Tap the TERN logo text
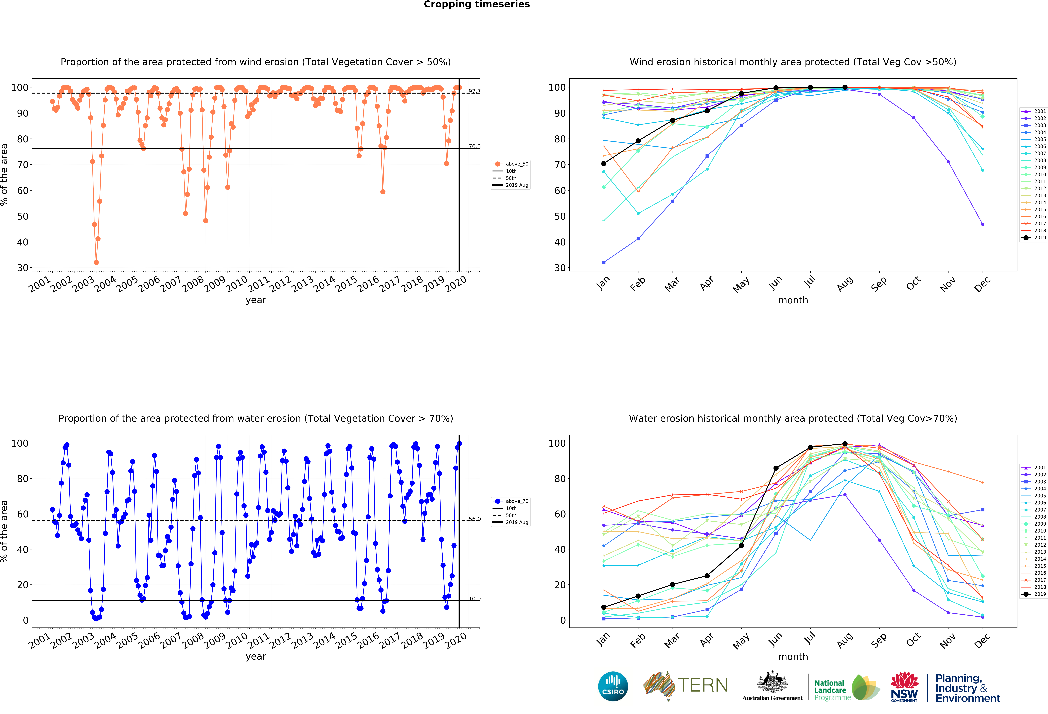pyautogui.click(x=703, y=685)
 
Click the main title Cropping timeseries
pyautogui.click(x=477, y=4)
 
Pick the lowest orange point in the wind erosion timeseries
pyautogui.click(x=96, y=262)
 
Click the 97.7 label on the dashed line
pyautogui.click(x=474, y=91)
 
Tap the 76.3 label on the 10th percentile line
pyautogui.click(x=474, y=146)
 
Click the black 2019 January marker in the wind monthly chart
pyautogui.click(x=604, y=164)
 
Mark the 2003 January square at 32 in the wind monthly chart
pyautogui.click(x=604, y=262)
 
